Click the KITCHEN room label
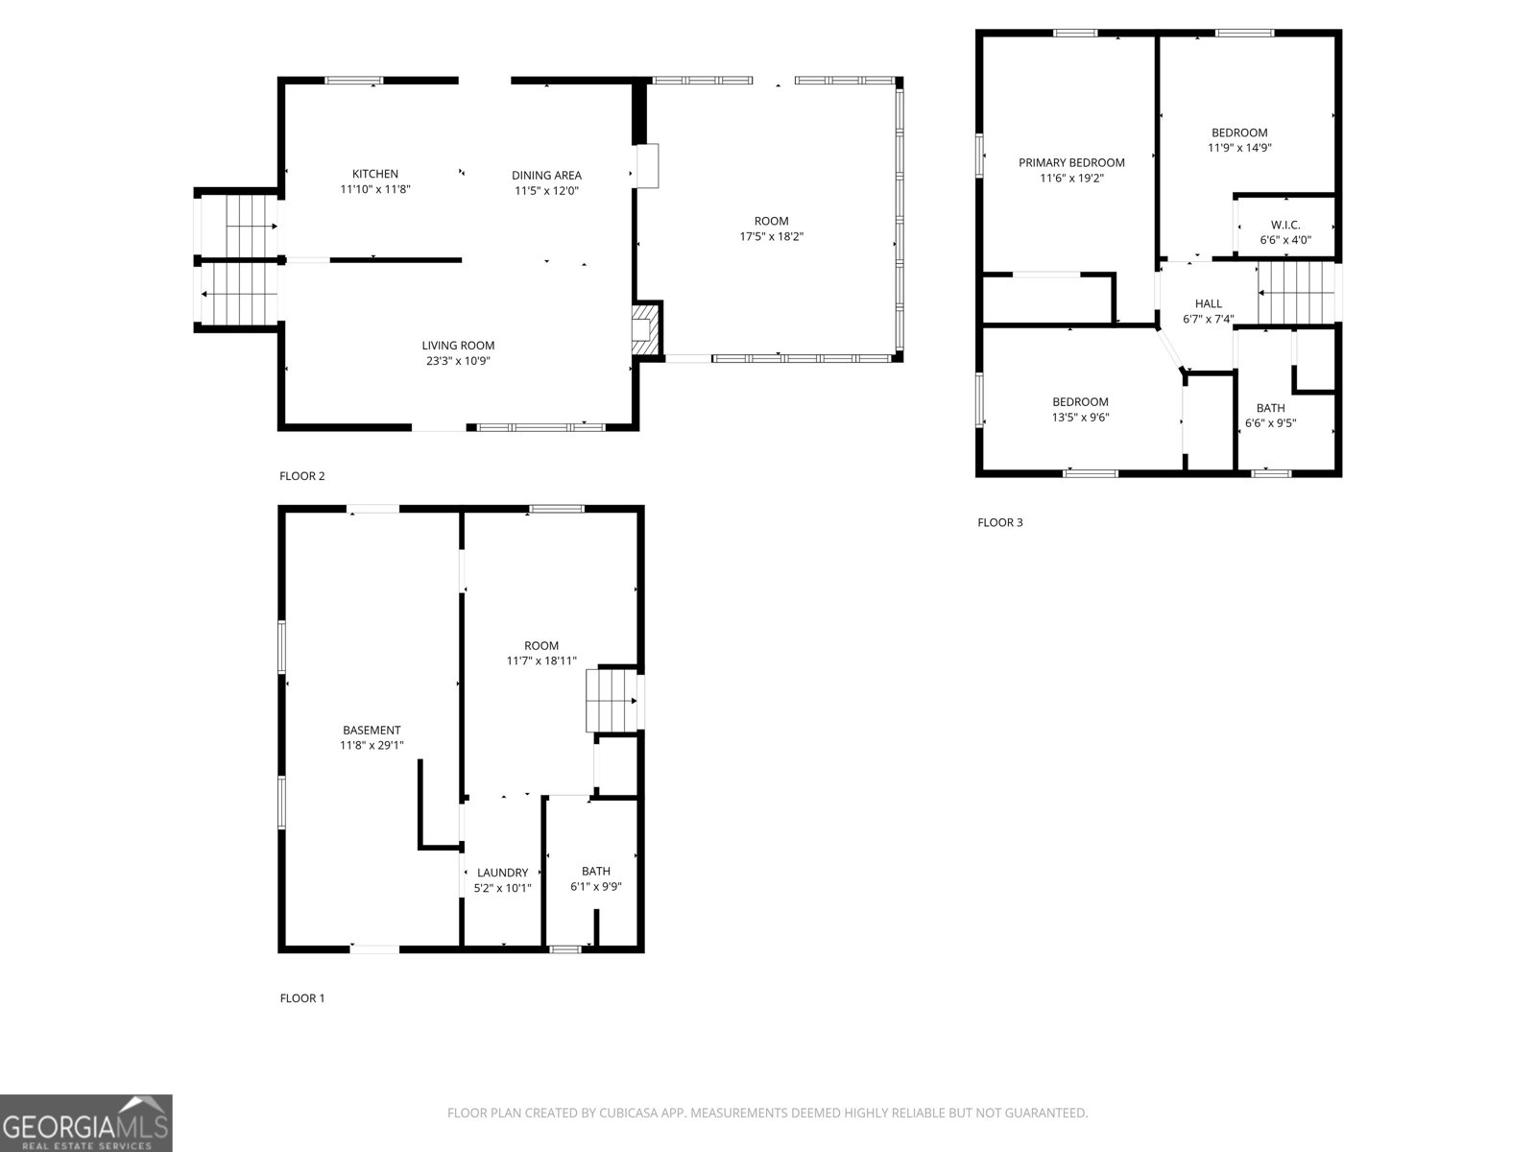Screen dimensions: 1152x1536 click(x=374, y=174)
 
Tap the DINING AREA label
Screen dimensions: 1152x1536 click(x=546, y=175)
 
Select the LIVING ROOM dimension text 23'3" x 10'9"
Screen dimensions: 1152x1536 click(x=458, y=361)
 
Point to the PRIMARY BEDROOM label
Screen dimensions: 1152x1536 click(x=1071, y=162)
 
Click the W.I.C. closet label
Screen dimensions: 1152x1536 click(x=1285, y=225)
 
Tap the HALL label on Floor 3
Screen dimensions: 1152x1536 click(x=1208, y=303)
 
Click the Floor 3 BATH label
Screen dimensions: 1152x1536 click(x=1270, y=408)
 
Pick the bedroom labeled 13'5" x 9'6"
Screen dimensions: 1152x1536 click(x=1080, y=409)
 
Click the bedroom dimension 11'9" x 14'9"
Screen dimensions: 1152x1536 click(x=1239, y=148)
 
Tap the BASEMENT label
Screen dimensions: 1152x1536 click(x=372, y=730)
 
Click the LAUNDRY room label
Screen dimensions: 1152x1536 click(x=502, y=873)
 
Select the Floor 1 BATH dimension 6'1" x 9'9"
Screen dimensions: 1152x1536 click(x=595, y=886)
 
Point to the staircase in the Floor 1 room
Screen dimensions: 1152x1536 click(x=612, y=701)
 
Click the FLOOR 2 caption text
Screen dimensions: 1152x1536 click(x=302, y=475)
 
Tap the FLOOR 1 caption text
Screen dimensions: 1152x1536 click(x=302, y=997)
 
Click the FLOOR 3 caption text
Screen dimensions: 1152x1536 click(x=1000, y=522)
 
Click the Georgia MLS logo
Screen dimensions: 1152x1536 click(x=85, y=1123)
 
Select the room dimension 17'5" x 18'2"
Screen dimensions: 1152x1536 click(x=771, y=236)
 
